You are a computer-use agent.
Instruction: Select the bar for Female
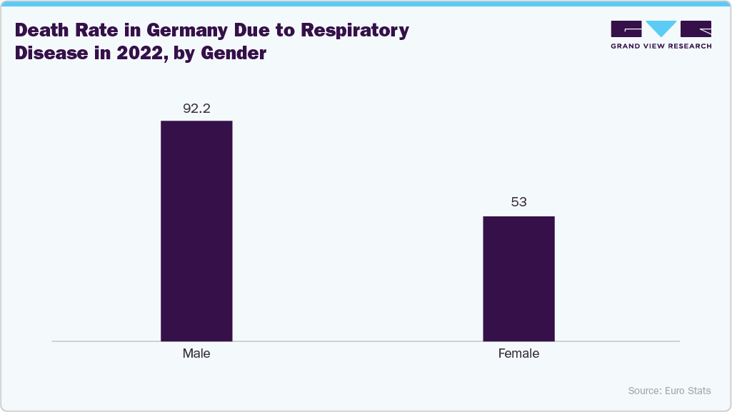click(x=518, y=278)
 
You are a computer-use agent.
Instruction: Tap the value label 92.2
click(x=196, y=109)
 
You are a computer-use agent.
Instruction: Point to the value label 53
click(x=518, y=202)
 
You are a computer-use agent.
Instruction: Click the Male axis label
click(x=196, y=353)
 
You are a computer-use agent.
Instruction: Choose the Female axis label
click(x=518, y=353)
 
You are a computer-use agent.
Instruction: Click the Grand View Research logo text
click(x=661, y=46)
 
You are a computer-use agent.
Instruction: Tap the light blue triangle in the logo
click(x=661, y=29)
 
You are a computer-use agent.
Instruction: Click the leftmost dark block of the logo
click(x=626, y=29)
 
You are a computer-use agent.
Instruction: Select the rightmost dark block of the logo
click(x=696, y=29)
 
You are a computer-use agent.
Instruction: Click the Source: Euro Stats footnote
click(x=669, y=391)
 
